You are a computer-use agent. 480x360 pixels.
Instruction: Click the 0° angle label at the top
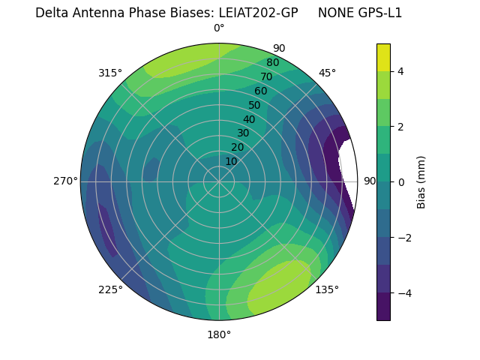tap(219, 28)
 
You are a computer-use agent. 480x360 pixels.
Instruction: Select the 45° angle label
tap(327, 73)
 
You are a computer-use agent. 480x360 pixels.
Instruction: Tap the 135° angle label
tap(327, 289)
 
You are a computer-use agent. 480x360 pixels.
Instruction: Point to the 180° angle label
tap(219, 334)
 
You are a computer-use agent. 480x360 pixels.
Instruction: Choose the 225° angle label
tap(110, 289)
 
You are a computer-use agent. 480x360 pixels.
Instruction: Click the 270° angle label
tap(66, 181)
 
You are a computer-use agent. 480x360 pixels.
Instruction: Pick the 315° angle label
tap(110, 73)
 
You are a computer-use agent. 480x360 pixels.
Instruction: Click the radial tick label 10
tap(231, 161)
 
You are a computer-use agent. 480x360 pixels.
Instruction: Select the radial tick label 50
tap(255, 106)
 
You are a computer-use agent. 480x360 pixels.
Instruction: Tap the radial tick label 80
tap(272, 63)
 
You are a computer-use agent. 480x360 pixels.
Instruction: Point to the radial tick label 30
tap(243, 133)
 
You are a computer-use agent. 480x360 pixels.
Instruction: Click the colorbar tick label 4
tap(401, 71)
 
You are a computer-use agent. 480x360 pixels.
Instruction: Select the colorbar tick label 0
tap(401, 181)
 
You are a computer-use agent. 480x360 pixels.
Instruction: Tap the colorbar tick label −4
tap(403, 292)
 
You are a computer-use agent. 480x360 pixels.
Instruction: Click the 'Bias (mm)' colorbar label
tap(421, 181)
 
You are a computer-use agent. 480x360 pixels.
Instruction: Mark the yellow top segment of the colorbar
tap(383, 57)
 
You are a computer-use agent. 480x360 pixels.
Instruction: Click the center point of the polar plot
tap(219, 181)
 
